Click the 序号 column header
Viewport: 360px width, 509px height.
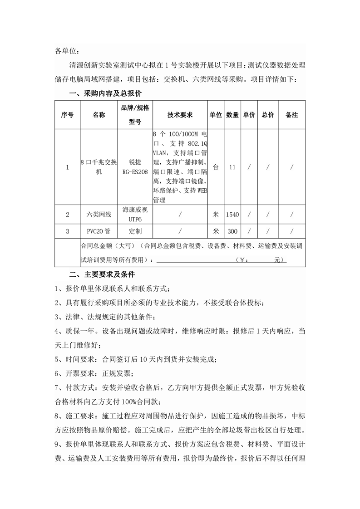(67, 115)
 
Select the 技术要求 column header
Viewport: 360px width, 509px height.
(180, 115)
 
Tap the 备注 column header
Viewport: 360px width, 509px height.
(292, 115)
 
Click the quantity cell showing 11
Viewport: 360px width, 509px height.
(232, 167)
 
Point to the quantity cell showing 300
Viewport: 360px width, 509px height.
(232, 231)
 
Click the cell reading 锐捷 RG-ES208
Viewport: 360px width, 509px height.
(135, 167)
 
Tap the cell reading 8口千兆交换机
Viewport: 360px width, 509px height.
(99, 167)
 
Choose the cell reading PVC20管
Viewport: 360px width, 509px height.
(99, 231)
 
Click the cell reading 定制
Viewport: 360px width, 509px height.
(135, 231)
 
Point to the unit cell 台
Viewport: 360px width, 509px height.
(216, 167)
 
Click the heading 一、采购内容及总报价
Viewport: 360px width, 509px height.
(105, 94)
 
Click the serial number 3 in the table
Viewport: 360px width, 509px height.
(67, 231)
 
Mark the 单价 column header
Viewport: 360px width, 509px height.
(249, 115)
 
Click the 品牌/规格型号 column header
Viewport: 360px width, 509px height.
(135, 115)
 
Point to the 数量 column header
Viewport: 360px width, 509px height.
(232, 115)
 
